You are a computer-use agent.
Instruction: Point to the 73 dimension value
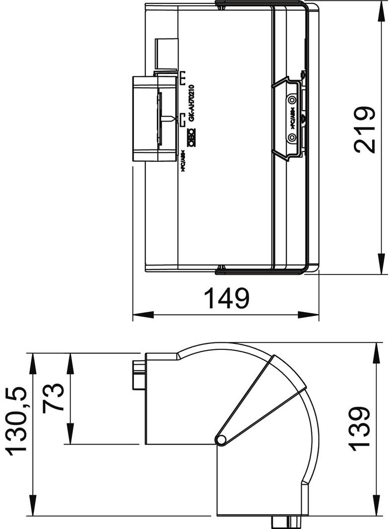(x=54, y=397)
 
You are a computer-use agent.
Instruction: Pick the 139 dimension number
(x=360, y=429)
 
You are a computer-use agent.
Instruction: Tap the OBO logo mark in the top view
(x=191, y=137)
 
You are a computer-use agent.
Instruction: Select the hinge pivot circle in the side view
(x=221, y=440)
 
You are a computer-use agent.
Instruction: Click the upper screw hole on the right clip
(x=292, y=99)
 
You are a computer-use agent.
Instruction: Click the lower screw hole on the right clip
(x=292, y=136)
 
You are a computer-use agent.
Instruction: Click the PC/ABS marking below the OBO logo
(x=183, y=162)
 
